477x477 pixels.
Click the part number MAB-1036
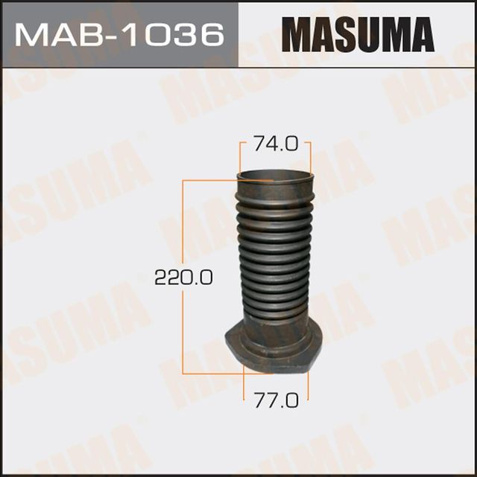click(x=119, y=34)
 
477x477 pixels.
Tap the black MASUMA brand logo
click(x=357, y=34)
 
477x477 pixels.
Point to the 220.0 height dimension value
click(x=183, y=278)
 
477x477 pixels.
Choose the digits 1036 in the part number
click(x=172, y=34)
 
